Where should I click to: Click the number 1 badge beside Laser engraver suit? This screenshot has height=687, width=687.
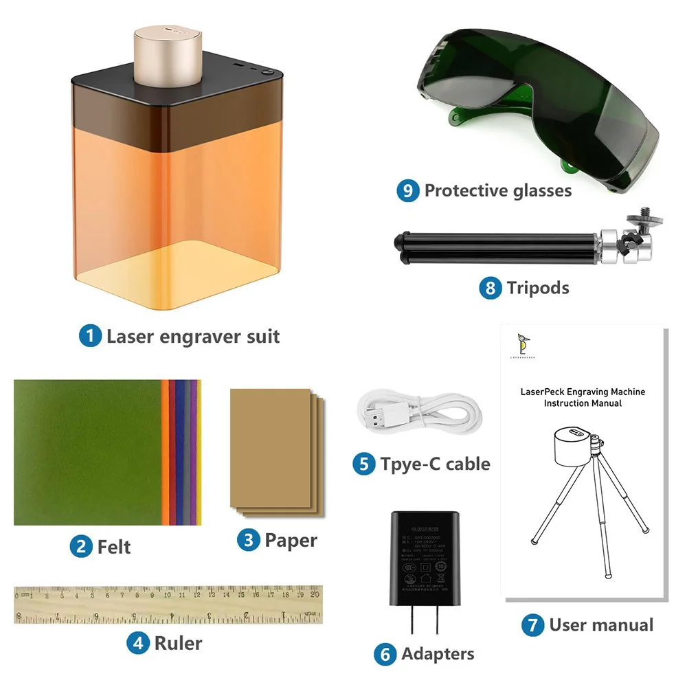coord(90,337)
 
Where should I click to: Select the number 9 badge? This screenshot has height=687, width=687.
coord(407,190)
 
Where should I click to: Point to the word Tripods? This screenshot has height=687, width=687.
coord(538,287)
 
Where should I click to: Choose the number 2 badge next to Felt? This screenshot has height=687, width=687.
coord(81,547)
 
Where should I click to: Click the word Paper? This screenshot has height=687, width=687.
coord(291,540)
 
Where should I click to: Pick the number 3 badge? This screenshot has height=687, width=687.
coord(248,540)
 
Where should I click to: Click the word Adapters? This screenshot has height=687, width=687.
coord(438,654)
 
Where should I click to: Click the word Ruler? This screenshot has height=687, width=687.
coord(178,643)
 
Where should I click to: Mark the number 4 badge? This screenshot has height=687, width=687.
coord(137,643)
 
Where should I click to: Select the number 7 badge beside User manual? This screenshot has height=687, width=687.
coord(532,625)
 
